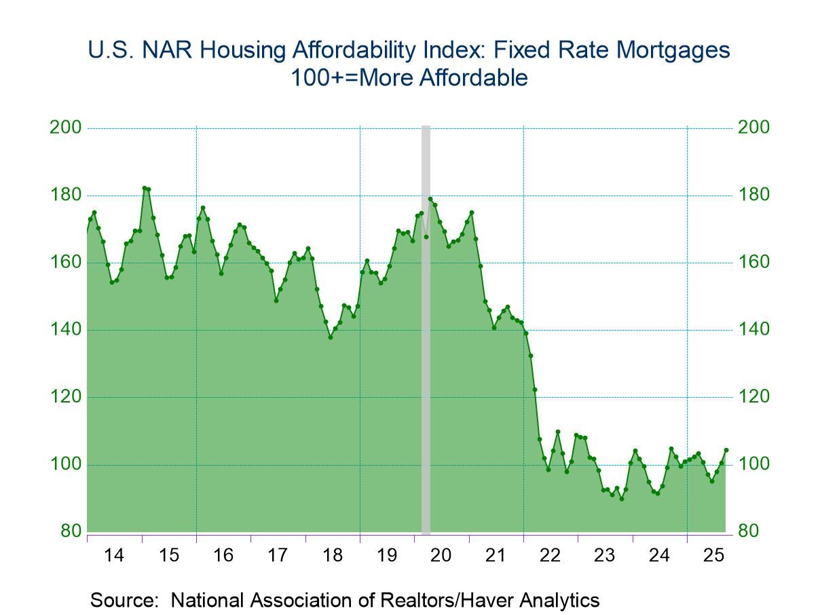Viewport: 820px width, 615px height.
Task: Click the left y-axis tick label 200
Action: pyautogui.click(x=65, y=128)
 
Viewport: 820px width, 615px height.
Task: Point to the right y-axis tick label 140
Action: pyautogui.click(x=754, y=330)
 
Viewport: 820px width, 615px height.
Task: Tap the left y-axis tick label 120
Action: pyautogui.click(x=65, y=397)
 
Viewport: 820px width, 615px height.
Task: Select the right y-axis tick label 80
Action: pyautogui.click(x=748, y=532)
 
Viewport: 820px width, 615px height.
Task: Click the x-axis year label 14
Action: pyautogui.click(x=114, y=555)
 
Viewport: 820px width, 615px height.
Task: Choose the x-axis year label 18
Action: pyautogui.click(x=332, y=555)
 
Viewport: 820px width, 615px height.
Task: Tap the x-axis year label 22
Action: pyautogui.click(x=551, y=555)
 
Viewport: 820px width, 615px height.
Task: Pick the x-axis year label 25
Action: pyautogui.click(x=714, y=555)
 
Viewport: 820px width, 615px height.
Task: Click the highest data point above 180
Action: pyautogui.click(x=144, y=188)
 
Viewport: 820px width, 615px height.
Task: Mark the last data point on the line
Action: pyautogui.click(x=726, y=449)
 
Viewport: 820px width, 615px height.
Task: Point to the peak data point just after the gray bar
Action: pyautogui.click(x=430, y=199)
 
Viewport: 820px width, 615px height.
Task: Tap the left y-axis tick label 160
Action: pyautogui.click(x=65, y=263)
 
